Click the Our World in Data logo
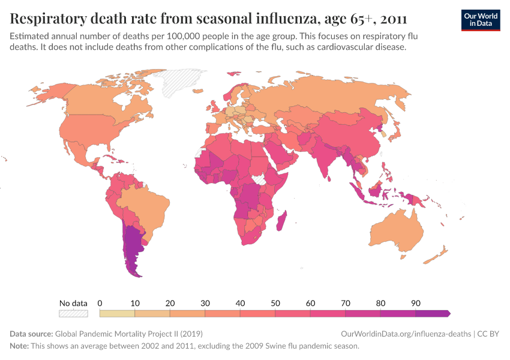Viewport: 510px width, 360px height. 480,19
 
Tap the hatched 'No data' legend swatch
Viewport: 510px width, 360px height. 73,313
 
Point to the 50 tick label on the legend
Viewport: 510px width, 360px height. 275,303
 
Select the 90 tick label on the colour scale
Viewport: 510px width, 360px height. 415,303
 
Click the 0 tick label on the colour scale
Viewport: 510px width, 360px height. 100,303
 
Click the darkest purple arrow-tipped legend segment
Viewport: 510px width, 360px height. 432,313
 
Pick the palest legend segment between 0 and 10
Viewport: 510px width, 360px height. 117,313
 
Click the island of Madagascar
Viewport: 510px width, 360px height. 282,220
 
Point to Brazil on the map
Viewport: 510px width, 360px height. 144,207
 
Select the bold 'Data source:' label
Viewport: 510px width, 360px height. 31,334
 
